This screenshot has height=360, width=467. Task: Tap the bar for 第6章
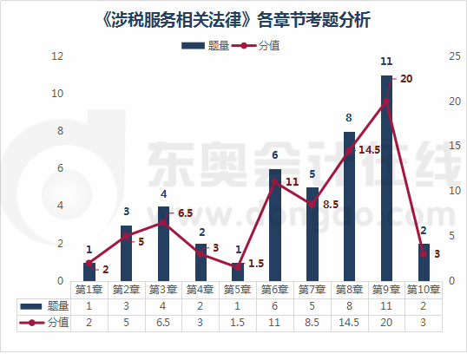(x=274, y=226)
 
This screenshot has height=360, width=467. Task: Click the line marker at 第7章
(x=312, y=204)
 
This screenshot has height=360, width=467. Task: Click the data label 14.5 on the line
(x=369, y=149)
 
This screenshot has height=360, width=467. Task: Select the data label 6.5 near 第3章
(x=185, y=213)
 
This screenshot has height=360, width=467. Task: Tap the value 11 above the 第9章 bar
(x=386, y=62)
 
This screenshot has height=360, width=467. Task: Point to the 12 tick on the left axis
(x=58, y=56)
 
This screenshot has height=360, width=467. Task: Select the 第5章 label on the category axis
(x=237, y=290)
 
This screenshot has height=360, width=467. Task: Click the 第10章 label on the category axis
(x=424, y=290)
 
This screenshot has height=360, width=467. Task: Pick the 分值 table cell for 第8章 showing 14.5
(x=349, y=322)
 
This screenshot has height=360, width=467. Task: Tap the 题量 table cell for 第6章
(x=274, y=305)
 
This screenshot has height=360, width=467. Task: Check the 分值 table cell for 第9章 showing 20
(x=386, y=322)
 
